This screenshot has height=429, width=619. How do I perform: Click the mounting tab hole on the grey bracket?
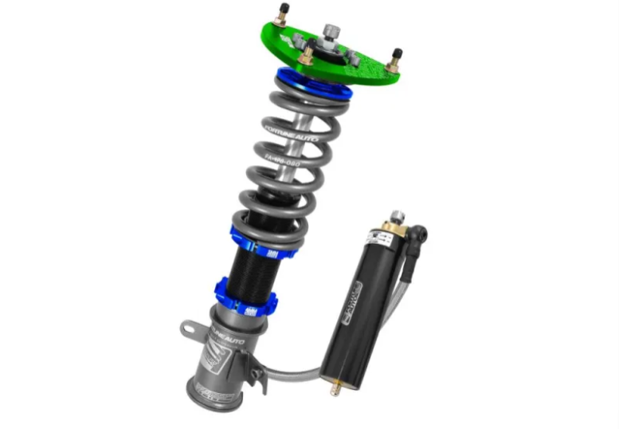pos(189,329)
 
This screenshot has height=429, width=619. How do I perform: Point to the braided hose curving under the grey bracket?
pos(287,370)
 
